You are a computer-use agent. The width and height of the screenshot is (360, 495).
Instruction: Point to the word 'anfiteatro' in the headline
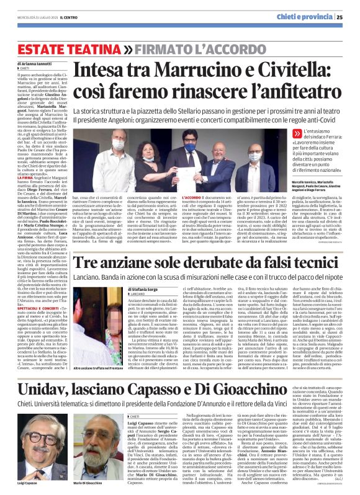click(x=297, y=89)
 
